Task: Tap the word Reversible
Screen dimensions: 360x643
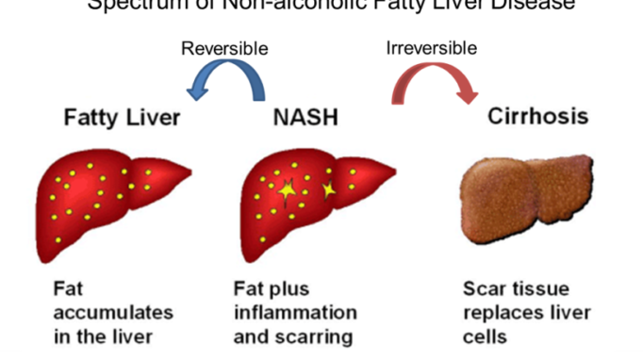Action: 224,47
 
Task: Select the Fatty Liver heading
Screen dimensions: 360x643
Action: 122,119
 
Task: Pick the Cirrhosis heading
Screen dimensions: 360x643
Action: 538,118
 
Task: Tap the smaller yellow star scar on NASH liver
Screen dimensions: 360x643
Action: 329,190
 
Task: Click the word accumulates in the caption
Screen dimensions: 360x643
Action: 98,311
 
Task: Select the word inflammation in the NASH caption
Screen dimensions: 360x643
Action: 295,311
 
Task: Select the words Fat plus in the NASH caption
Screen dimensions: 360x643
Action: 271,288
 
